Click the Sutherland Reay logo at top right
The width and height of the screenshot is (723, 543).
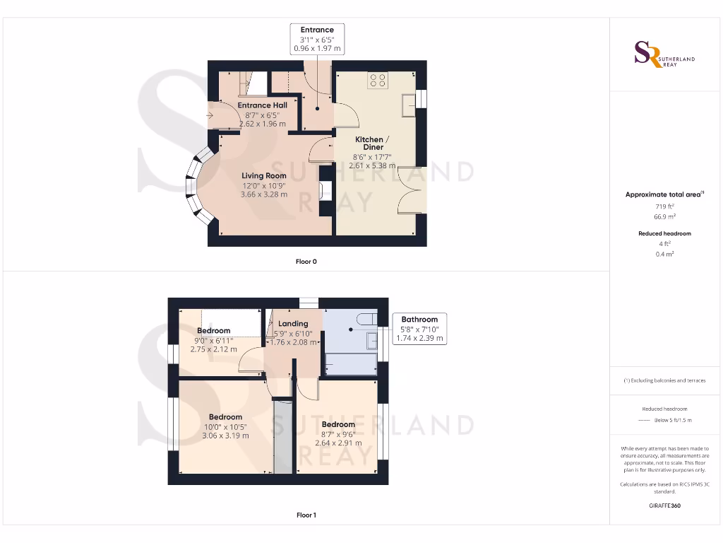(x=664, y=55)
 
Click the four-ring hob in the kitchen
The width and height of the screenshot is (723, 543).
(x=377, y=81)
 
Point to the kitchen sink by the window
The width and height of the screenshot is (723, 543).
(x=407, y=105)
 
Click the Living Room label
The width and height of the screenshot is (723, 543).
(x=264, y=175)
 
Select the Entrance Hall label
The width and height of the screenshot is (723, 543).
(x=262, y=105)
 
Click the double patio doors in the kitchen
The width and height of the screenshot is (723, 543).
(x=412, y=190)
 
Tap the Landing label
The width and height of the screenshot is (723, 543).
(x=293, y=324)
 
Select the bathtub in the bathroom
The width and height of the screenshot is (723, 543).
(x=349, y=364)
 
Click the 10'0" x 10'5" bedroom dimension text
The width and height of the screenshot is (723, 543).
(x=225, y=426)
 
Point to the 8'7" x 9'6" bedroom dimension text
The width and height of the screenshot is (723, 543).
(x=337, y=434)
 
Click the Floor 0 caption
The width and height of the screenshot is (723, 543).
(x=306, y=262)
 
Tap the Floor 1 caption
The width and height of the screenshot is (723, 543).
(x=306, y=515)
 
